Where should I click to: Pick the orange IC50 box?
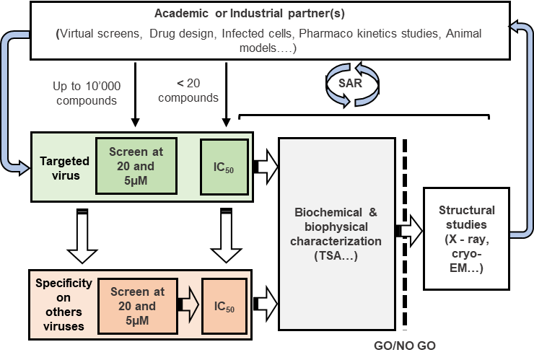[223, 306]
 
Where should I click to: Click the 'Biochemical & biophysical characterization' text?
[337, 234]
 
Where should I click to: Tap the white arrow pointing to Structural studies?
[410, 231]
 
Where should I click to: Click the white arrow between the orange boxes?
[188, 305]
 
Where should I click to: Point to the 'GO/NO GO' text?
[405, 346]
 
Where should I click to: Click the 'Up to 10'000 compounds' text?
[87, 94]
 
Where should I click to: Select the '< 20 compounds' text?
[188, 90]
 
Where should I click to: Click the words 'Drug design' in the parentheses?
[178, 34]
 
